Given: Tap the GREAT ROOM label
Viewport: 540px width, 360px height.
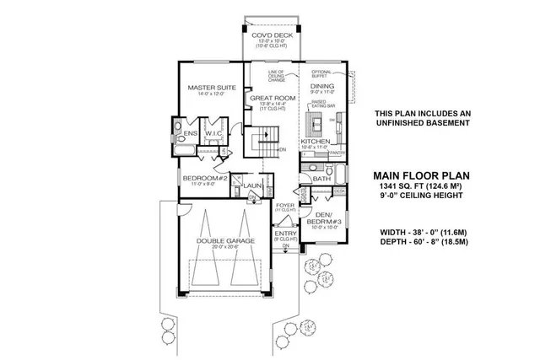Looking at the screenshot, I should pyautogui.click(x=271, y=99).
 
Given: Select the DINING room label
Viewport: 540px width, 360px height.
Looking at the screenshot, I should pyautogui.click(x=322, y=86).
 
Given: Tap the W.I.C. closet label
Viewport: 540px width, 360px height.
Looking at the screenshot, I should pyautogui.click(x=212, y=132).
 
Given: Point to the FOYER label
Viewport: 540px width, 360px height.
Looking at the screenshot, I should pyautogui.click(x=285, y=204).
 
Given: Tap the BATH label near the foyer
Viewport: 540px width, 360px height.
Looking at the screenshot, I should pyautogui.click(x=321, y=179).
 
